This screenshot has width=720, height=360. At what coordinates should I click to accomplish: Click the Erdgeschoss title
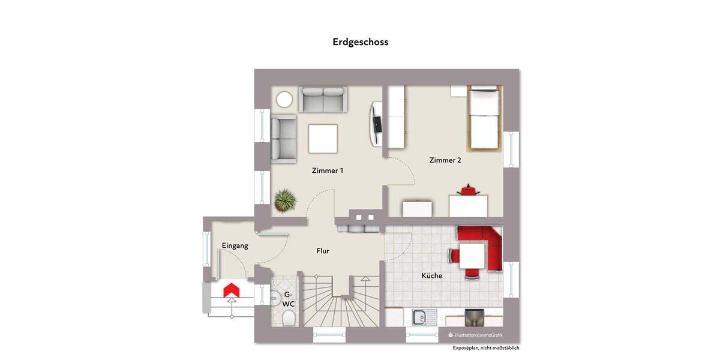(x=361, y=42)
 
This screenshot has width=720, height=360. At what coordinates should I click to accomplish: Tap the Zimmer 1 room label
(x=328, y=170)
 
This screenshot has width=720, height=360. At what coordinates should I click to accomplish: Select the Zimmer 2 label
(x=445, y=160)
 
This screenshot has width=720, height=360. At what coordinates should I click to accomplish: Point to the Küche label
(x=432, y=275)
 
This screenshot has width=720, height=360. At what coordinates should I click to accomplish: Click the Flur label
(x=323, y=251)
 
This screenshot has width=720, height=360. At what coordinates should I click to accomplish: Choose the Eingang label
(x=235, y=245)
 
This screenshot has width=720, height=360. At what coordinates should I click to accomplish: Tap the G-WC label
(x=288, y=299)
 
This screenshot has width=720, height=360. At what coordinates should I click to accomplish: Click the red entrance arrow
(x=232, y=291)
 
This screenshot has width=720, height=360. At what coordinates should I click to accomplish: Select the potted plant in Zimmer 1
(x=286, y=200)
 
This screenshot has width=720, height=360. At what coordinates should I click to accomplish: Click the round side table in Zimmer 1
(x=284, y=99)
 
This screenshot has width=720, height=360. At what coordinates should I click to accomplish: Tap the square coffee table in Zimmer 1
(x=323, y=138)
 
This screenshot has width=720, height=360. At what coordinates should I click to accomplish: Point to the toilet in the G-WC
(x=288, y=317)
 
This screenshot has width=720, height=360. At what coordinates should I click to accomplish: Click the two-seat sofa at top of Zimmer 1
(x=323, y=100)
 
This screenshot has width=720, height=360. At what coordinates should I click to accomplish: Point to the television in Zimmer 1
(x=376, y=123)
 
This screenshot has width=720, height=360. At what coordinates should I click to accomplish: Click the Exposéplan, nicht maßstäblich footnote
(x=486, y=348)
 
